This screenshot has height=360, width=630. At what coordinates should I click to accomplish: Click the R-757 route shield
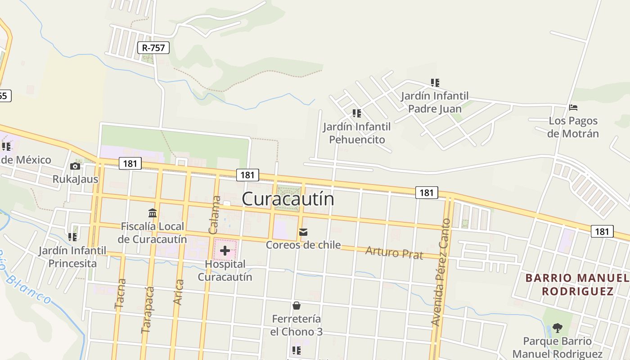(153, 47)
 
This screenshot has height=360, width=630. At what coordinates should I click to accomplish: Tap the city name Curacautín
(288, 199)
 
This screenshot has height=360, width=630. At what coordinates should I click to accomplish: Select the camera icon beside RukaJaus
(75, 166)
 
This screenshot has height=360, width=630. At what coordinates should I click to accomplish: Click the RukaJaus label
(75, 179)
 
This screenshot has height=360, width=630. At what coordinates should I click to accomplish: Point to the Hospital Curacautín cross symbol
(225, 251)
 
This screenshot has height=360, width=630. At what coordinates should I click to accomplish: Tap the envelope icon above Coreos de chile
(303, 232)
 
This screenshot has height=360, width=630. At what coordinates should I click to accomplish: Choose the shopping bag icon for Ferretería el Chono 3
(297, 306)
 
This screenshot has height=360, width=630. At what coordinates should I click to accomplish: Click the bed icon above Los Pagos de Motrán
(573, 108)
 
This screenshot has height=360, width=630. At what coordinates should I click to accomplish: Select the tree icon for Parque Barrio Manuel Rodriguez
(558, 328)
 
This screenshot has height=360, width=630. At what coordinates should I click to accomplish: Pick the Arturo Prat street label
(394, 252)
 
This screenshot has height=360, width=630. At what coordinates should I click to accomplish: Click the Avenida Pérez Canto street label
(441, 272)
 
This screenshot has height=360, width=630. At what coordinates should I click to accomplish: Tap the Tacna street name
(120, 294)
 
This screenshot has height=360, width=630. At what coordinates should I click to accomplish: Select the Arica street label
(179, 292)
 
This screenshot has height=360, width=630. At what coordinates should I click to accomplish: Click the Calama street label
(215, 215)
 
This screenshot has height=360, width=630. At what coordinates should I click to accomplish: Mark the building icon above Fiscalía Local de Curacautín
(153, 213)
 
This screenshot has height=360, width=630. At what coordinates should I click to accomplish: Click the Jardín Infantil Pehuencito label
(357, 133)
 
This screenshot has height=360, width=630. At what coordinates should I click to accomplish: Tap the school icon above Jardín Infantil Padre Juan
(435, 83)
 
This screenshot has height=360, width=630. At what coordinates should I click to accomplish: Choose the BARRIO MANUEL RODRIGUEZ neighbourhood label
(577, 284)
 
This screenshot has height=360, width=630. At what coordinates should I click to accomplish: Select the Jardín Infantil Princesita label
(72, 256)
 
